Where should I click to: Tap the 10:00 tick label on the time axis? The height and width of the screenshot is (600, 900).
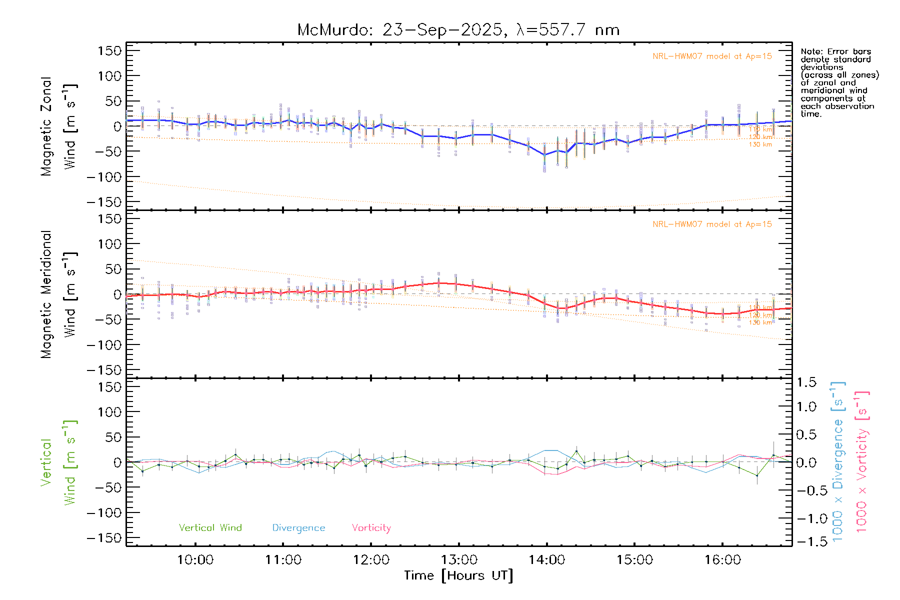tap(195, 560)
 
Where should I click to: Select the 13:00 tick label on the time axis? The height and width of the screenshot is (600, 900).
tap(459, 560)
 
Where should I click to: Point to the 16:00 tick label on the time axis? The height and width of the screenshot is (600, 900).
tap(722, 560)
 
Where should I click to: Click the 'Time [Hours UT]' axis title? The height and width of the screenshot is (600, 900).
tap(458, 575)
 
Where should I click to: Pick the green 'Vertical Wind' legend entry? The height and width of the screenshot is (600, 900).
tap(210, 528)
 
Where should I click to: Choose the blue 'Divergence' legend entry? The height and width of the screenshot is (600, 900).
tap(298, 528)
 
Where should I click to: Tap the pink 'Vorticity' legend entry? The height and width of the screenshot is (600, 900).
tap(371, 528)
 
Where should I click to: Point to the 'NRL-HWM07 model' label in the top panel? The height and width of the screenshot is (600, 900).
tap(712, 56)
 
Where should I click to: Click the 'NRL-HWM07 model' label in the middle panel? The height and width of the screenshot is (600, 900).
tap(712, 224)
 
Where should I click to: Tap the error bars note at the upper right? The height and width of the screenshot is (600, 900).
tap(839, 82)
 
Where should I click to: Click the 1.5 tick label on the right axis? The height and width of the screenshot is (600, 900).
tap(806, 382)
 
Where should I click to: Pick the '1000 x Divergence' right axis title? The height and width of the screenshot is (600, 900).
tap(838, 462)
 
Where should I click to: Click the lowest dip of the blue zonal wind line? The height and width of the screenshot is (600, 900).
tap(544, 155)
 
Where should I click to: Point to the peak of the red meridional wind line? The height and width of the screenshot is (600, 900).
tap(439, 283)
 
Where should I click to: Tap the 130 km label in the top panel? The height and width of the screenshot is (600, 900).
tap(760, 144)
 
